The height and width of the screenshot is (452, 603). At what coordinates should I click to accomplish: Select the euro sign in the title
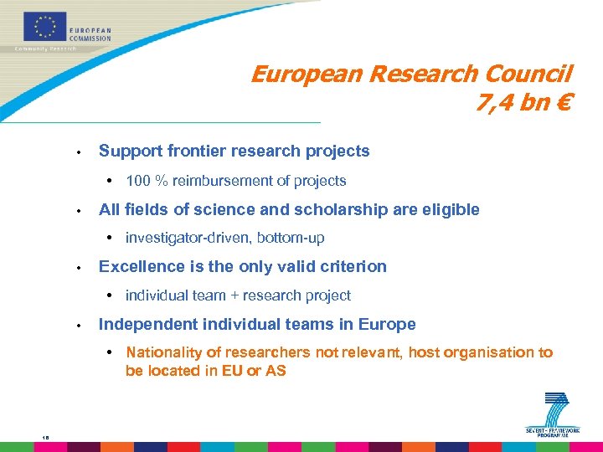(x=564, y=105)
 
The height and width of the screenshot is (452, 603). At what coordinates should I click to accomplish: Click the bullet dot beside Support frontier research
(x=77, y=152)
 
